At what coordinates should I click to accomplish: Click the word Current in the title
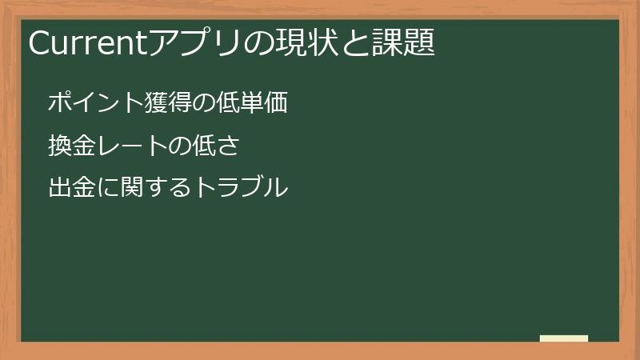[88, 42]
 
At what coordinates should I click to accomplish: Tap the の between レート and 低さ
[180, 146]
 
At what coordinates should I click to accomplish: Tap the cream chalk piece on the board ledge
[564, 338]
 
